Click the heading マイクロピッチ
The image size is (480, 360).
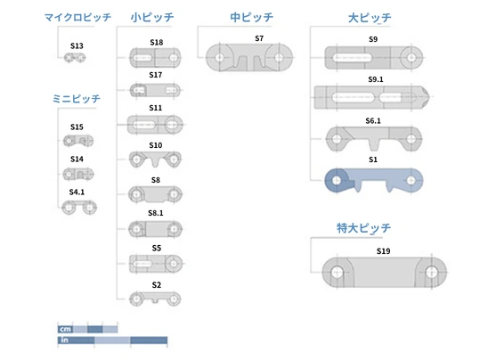tap(77, 17)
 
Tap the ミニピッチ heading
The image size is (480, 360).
tap(77, 99)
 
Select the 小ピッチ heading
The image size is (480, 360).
tap(152, 17)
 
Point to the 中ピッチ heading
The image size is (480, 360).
tap(252, 17)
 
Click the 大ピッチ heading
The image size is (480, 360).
tap(370, 18)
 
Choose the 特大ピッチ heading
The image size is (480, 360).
tap(363, 228)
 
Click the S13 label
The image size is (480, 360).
tap(77, 46)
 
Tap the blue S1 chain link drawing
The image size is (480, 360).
tap(373, 181)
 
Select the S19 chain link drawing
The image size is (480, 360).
tap(384, 272)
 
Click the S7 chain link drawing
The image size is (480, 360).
tap(249, 58)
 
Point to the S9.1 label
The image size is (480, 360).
tap(376, 79)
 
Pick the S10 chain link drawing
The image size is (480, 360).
tap(155, 160)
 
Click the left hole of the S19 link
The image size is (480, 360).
tap(337, 272)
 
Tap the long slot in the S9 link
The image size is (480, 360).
tap(353, 58)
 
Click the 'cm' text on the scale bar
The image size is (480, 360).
tap(66, 330)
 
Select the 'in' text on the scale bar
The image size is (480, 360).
tap(64, 340)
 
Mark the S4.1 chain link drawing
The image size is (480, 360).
tap(79, 208)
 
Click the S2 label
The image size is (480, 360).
tap(157, 285)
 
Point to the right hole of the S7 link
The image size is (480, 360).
tap(279, 57)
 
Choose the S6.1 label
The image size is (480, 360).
tap(373, 120)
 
